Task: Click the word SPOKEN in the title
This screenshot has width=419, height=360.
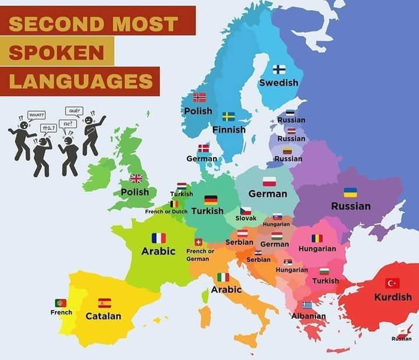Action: click(x=57, y=52)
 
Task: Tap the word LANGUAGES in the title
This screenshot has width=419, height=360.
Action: click(x=79, y=80)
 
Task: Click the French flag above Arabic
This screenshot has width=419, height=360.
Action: click(x=159, y=238)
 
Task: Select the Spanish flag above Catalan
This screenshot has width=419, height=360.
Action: click(x=104, y=303)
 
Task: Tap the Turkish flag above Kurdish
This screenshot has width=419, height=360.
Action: click(x=392, y=283)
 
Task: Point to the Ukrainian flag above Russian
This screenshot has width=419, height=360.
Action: click(x=350, y=193)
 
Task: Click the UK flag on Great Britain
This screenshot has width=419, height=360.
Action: click(x=136, y=178)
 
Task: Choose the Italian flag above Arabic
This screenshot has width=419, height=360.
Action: click(x=223, y=277)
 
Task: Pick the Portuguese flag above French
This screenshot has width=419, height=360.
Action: click(x=60, y=303)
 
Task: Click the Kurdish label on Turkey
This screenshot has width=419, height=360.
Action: click(x=393, y=297)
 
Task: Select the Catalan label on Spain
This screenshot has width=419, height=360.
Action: click(x=103, y=316)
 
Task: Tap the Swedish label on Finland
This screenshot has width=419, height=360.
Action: click(x=278, y=83)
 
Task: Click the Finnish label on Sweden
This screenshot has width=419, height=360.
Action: click(x=229, y=129)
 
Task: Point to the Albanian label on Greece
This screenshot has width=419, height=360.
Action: click(x=309, y=316)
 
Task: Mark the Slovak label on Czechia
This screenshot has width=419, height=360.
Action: click(x=245, y=218)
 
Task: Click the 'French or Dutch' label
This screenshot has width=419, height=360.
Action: click(x=166, y=212)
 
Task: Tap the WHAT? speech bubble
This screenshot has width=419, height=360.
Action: click(x=37, y=114)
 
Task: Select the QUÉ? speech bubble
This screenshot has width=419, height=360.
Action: click(x=75, y=111)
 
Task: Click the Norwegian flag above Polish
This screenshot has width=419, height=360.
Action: click(x=199, y=97)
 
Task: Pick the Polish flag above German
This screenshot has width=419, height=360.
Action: click(x=269, y=181)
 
